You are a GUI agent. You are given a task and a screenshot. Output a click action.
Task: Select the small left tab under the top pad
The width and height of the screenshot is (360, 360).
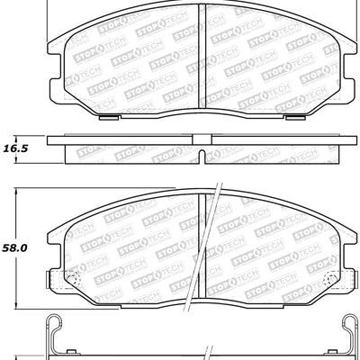[105, 114]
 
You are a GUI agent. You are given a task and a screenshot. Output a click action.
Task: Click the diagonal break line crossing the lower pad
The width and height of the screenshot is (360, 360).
[213, 243]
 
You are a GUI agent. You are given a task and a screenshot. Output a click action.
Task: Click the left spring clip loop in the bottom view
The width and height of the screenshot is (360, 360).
[57, 335]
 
